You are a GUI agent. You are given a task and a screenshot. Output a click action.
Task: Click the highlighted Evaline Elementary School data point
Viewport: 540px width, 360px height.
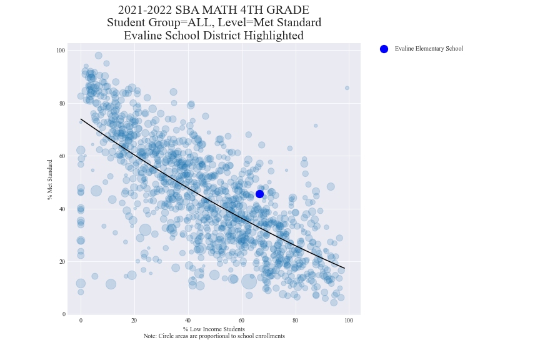tap(259, 194)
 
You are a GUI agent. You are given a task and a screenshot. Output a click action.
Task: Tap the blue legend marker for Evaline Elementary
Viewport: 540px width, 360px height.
tap(384, 49)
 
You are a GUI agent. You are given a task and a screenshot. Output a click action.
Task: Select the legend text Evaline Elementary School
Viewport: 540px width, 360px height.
tap(429, 49)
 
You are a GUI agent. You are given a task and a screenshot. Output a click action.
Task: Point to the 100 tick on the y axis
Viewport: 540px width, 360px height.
tap(61, 50)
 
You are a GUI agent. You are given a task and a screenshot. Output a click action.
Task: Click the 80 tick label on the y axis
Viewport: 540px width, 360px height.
tap(62, 103)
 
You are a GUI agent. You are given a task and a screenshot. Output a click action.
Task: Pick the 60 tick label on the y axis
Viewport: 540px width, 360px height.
tap(62, 156)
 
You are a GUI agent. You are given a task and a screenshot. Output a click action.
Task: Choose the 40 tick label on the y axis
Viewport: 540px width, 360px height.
tap(62, 209)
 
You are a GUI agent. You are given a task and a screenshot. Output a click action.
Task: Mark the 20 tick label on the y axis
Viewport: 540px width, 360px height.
tap(62, 261)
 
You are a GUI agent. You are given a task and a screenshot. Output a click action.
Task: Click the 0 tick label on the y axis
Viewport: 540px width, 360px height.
tap(63, 314)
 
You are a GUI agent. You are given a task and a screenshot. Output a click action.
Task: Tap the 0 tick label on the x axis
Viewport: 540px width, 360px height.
tap(81, 321)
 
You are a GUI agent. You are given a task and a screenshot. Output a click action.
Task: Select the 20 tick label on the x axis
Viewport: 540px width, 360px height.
tap(134, 321)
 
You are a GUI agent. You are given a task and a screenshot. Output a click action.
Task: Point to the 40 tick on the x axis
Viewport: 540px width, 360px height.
tap(187, 321)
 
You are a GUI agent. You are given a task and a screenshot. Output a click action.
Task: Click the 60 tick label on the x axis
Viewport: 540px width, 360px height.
tap(241, 321)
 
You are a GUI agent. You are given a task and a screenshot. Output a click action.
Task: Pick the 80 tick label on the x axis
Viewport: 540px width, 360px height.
tap(295, 321)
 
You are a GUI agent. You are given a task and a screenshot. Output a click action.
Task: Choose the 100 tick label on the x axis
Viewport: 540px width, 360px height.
tap(349, 321)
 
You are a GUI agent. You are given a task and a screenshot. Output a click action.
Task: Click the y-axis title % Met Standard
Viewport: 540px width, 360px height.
tap(49, 179)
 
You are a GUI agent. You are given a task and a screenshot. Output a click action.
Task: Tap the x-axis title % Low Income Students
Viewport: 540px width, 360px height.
tap(214, 329)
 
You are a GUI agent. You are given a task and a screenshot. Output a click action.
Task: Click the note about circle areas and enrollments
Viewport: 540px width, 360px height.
tap(214, 336)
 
